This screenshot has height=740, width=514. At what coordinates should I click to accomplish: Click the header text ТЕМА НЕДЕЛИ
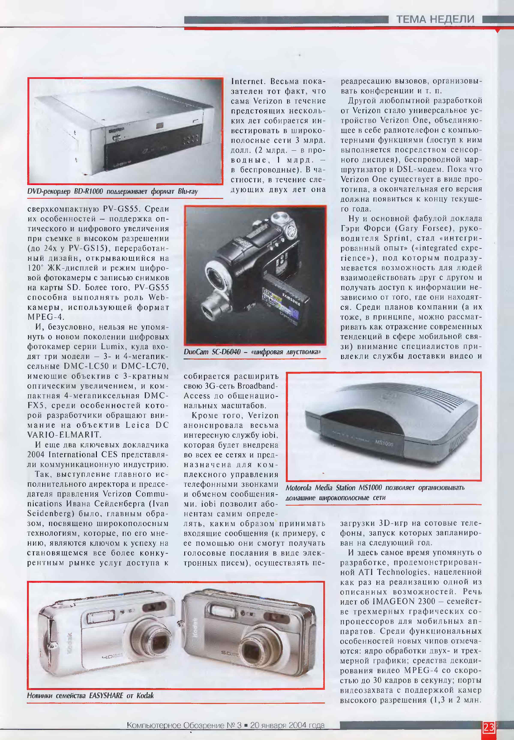point(435,19)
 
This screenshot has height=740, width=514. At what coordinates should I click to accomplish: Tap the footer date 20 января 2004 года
point(287,725)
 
